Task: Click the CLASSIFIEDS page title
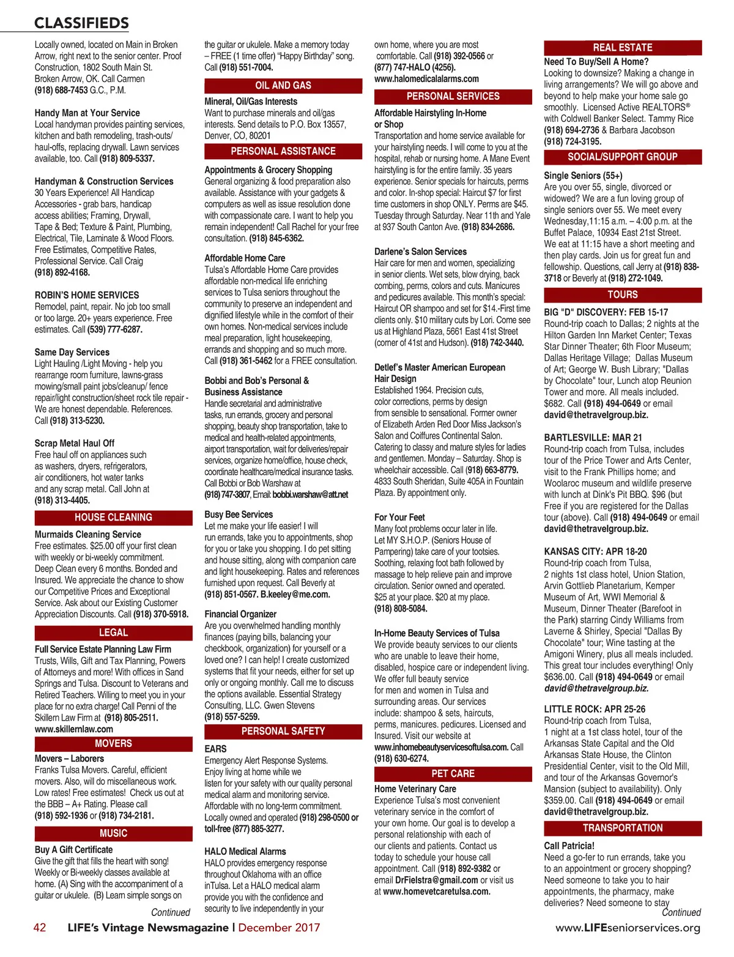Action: click(x=81, y=23)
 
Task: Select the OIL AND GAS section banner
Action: click(x=283, y=86)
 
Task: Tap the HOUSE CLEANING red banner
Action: click(x=113, y=517)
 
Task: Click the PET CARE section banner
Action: click(x=453, y=773)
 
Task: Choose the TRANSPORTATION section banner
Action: click(x=623, y=828)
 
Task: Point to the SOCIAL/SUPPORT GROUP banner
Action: click(x=623, y=157)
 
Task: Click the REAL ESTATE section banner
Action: click(x=623, y=47)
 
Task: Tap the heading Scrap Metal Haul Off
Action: click(x=75, y=443)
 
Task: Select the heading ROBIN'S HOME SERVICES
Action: click(x=87, y=295)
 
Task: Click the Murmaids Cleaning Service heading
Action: click(x=88, y=535)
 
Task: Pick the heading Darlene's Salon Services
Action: click(x=420, y=252)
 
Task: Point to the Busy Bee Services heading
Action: click(x=239, y=515)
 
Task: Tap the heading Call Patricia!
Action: click(x=569, y=846)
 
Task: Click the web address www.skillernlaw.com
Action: click(x=74, y=729)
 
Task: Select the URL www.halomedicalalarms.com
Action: click(x=426, y=79)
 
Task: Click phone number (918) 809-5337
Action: click(x=127, y=159)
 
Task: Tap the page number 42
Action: click(x=40, y=928)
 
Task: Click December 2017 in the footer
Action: click(x=279, y=928)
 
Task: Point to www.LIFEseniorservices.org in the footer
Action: click(x=628, y=928)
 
